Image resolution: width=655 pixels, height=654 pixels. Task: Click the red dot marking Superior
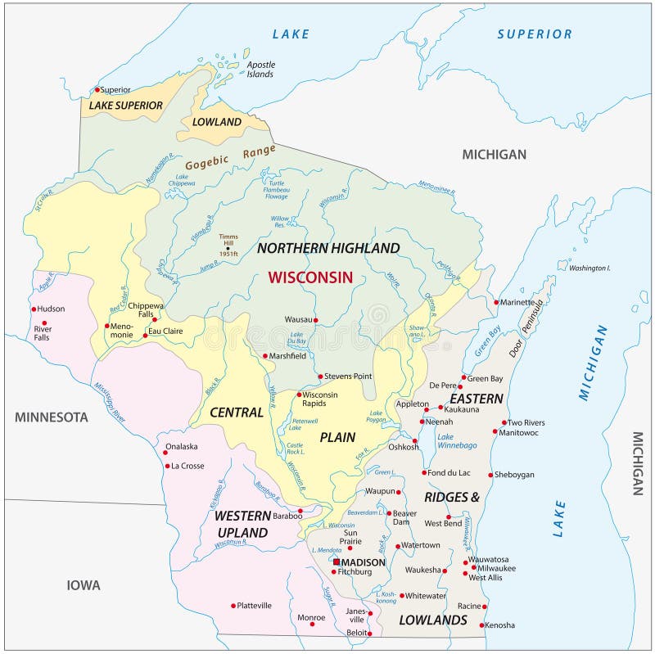97,89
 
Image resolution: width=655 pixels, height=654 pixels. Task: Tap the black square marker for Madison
336,562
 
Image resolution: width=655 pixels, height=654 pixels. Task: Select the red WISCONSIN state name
310,277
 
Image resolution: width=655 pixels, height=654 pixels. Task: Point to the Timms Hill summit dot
228,249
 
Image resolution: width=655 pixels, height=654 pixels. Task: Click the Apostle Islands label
260,69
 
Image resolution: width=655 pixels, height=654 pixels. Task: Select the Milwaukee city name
493,568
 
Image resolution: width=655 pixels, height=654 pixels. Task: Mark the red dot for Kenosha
482,625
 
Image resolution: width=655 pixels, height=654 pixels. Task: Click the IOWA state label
84,585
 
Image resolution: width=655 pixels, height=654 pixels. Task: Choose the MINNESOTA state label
51,417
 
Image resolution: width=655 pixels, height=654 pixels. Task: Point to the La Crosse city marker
166,467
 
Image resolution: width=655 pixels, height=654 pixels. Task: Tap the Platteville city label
254,606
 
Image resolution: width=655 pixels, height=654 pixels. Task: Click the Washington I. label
589,268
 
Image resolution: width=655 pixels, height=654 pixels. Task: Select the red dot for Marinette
496,302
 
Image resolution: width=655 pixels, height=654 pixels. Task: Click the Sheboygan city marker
490,475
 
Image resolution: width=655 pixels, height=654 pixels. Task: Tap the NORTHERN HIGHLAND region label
328,248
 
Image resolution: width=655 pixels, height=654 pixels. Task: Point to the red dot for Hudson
34,309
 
